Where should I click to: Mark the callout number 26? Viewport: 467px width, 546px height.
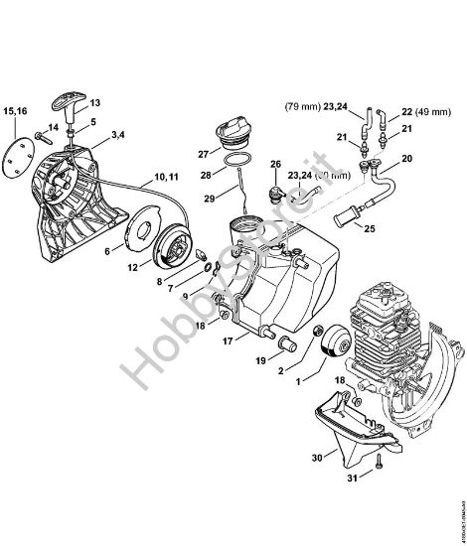click(274, 163)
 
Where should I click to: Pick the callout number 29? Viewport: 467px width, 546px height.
click(209, 200)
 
